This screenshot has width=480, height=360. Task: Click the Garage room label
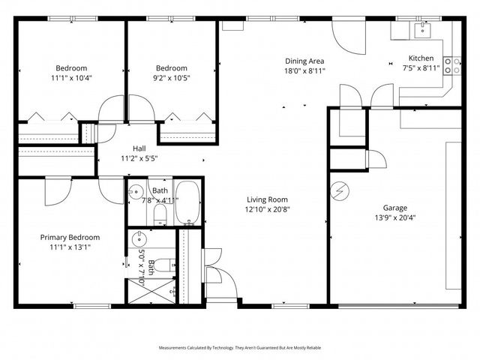(395, 208)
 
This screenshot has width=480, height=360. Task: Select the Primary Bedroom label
(70, 237)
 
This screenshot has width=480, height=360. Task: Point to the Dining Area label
(304, 61)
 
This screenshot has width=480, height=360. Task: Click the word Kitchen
(420, 58)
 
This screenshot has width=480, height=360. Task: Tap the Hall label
(139, 148)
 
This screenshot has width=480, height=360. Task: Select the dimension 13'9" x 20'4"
(395, 218)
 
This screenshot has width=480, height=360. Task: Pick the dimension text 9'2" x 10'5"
(172, 77)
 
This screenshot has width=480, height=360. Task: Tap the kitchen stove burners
(452, 66)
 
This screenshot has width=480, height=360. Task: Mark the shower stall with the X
(137, 289)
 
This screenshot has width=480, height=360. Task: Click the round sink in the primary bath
(138, 240)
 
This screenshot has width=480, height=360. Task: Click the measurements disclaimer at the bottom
(239, 348)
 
